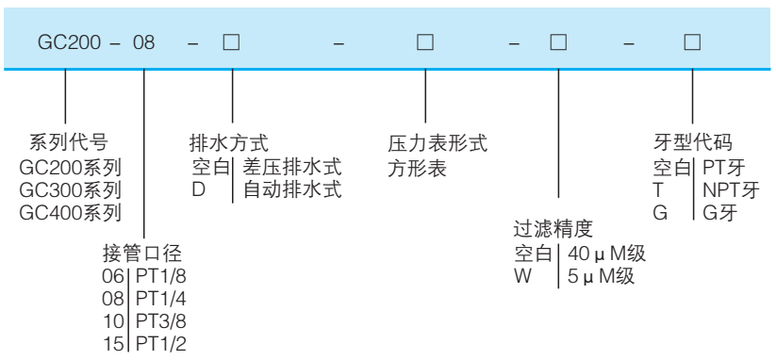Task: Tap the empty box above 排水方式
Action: pyautogui.click(x=231, y=43)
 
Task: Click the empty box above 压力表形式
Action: pyautogui.click(x=425, y=43)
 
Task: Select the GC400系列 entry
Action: pyautogui.click(x=71, y=212)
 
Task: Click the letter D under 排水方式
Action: pyautogui.click(x=197, y=189)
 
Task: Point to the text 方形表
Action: pyautogui.click(x=417, y=168)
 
